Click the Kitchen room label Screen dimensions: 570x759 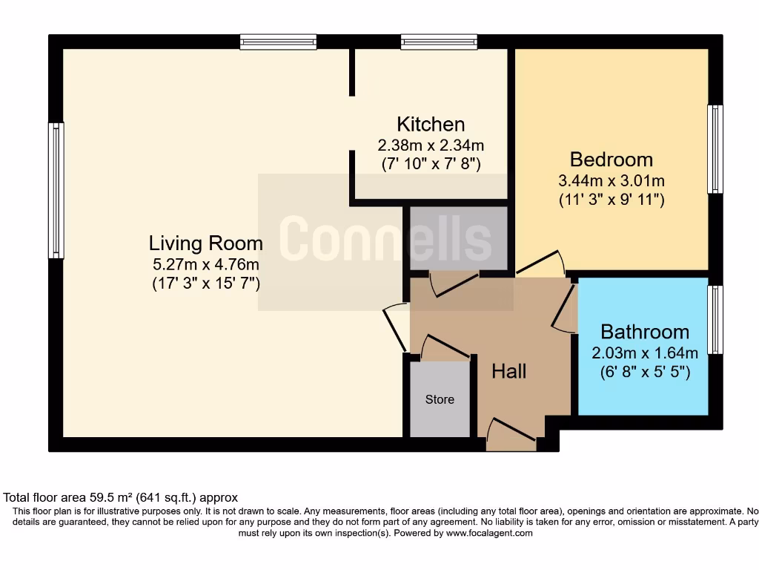[x=431, y=124]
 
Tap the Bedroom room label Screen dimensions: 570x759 [x=611, y=160]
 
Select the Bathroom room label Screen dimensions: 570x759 [x=644, y=332]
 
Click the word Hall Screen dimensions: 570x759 [x=509, y=370]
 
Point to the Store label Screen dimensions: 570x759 [x=440, y=399]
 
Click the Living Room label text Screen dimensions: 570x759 [x=205, y=243]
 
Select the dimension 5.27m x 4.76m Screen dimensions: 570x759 [x=205, y=263]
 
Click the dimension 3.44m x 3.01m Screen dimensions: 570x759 [x=611, y=180]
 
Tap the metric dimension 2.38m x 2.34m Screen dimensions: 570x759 [x=431, y=145]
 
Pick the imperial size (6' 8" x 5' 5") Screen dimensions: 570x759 [x=644, y=373]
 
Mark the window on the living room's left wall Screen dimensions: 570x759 [x=56, y=191]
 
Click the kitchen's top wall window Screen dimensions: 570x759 [x=439, y=42]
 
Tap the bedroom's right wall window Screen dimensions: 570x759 [x=715, y=149]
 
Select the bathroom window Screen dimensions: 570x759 [x=715, y=320]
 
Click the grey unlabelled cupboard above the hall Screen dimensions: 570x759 [x=459, y=238]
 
